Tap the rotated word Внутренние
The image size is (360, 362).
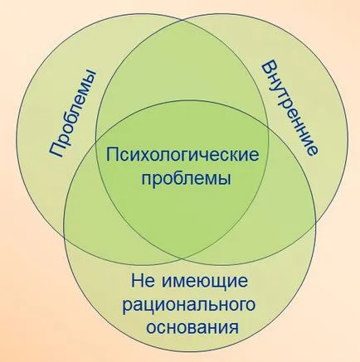[289, 109]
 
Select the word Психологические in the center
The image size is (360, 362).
[182, 156]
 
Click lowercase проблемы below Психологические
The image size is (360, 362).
[186, 179]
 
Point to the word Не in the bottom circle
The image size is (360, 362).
[142, 281]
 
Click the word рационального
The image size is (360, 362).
[189, 306]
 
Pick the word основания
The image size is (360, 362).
[192, 327]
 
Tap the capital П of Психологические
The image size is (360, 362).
[114, 155]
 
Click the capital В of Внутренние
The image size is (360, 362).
[269, 70]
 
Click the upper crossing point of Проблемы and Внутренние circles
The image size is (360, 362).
[182, 20]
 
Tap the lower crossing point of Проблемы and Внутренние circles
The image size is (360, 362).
[182, 260]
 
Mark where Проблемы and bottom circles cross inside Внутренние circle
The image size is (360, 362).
[268, 128]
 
